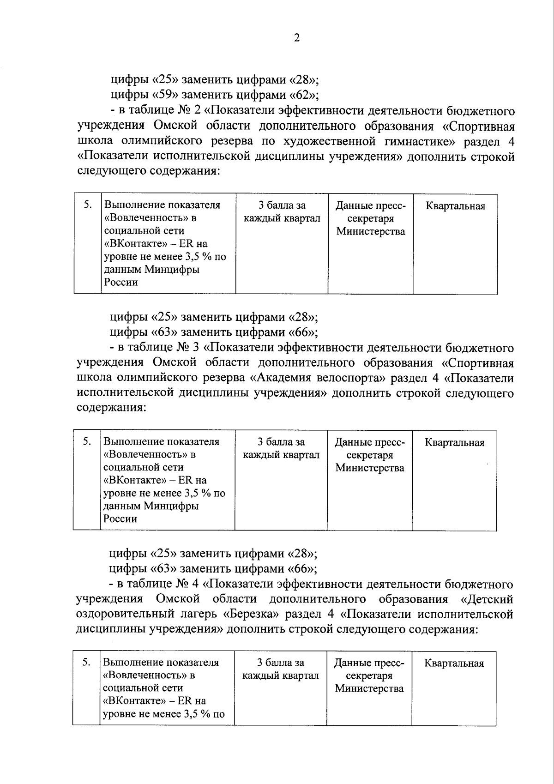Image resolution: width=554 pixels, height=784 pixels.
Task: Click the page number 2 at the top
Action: (x=297, y=38)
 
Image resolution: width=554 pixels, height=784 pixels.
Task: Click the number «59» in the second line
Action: (x=164, y=95)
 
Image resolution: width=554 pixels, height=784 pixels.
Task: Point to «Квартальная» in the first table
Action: (x=455, y=206)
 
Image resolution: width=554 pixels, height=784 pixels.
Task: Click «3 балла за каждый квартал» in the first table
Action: (x=282, y=211)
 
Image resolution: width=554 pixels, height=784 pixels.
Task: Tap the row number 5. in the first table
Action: (x=88, y=205)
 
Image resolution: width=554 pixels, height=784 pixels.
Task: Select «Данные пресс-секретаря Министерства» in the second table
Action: (x=369, y=455)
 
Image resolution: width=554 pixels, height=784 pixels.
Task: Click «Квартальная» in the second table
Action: (x=454, y=443)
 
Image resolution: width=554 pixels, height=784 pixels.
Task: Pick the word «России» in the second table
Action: (x=120, y=519)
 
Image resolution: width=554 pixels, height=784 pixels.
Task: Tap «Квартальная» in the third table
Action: (x=454, y=663)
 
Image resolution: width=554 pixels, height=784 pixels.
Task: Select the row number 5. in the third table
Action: (x=86, y=662)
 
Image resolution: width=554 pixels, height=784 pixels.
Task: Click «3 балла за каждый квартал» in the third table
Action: (x=281, y=669)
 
